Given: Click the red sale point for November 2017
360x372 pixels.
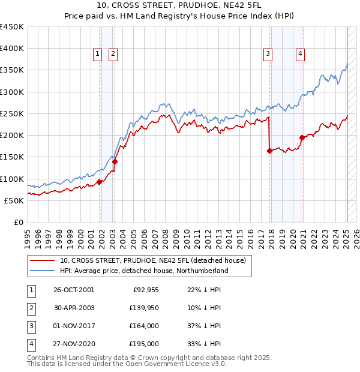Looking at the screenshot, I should point(269,151).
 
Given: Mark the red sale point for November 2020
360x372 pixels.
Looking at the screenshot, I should point(302,137).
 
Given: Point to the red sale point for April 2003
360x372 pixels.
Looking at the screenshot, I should point(115,161).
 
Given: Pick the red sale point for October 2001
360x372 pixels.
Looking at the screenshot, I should point(99,182).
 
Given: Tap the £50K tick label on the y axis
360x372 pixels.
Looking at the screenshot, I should point(14,200).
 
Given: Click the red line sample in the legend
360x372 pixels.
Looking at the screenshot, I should point(42,261).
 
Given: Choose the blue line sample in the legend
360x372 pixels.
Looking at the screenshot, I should point(42,271).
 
